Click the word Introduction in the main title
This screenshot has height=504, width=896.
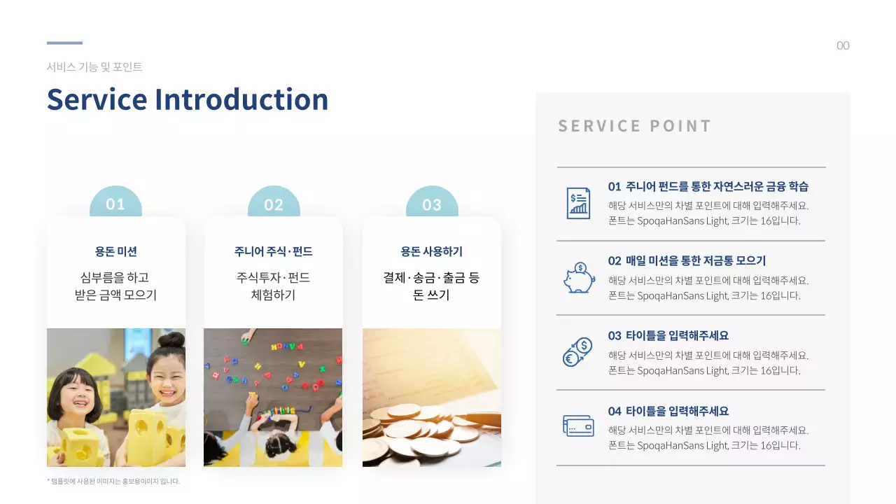point(241,99)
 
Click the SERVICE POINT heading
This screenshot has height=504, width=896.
point(634,126)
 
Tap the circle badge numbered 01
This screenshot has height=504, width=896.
point(115,204)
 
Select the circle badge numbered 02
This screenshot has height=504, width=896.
point(274,204)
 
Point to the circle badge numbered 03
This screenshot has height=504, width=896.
point(432,204)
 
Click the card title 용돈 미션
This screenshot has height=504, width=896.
point(116,251)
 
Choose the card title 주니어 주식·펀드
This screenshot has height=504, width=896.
point(273,251)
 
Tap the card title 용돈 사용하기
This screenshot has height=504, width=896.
point(431,251)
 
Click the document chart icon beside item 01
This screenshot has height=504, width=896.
point(578,203)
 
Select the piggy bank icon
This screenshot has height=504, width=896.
point(578,278)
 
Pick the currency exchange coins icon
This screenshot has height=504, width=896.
point(578,352)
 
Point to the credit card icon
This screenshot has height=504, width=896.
point(578,426)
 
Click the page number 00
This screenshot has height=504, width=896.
point(843,46)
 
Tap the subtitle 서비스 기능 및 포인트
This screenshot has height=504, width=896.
point(94,67)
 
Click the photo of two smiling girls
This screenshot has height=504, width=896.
point(116,398)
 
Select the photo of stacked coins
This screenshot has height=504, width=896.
point(431,398)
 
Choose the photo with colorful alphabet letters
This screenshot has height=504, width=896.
point(273,398)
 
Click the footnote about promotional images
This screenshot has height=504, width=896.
point(113,481)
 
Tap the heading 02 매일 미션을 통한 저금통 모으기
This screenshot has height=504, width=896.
point(687,261)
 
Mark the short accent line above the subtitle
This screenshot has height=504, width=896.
point(64,43)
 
